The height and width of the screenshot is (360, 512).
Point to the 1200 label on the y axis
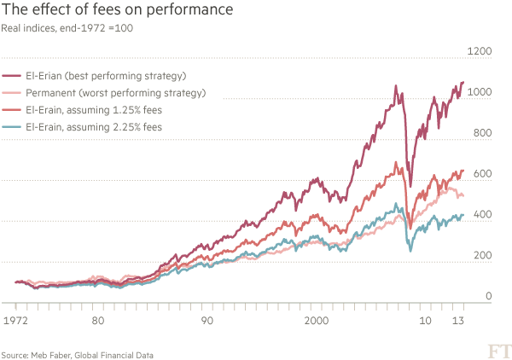(x=483, y=51)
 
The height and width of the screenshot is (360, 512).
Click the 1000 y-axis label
(x=483, y=92)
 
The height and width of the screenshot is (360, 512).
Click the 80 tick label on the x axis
(x=98, y=322)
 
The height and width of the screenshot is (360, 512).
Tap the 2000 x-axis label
(x=316, y=322)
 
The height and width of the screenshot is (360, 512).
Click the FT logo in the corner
(x=494, y=349)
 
